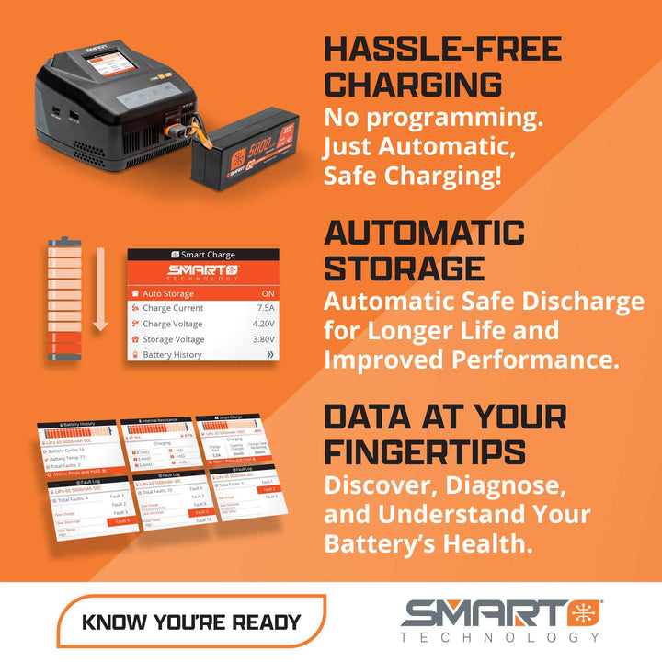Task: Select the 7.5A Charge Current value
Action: (266, 308)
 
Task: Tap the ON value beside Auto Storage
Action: (267, 293)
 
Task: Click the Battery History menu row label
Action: (172, 354)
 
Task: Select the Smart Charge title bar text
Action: (208, 255)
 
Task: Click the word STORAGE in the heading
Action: (404, 268)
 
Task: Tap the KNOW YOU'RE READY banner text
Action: (191, 622)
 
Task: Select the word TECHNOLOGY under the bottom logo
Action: (500, 637)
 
